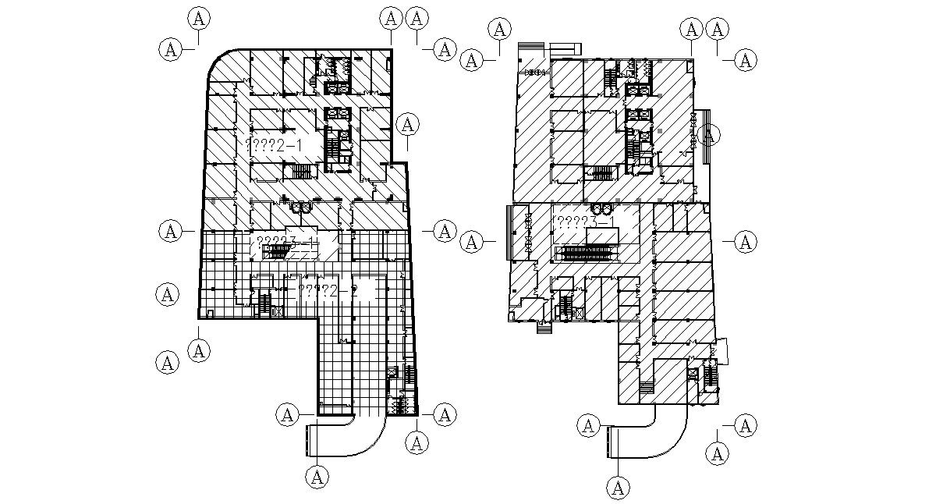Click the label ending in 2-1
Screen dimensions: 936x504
[x=274, y=144]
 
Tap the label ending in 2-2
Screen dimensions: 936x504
[x=328, y=291]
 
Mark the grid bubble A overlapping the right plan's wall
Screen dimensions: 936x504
[x=709, y=135]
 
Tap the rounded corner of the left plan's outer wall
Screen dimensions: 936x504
[x=218, y=62]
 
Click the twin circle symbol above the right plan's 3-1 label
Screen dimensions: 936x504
[x=601, y=209]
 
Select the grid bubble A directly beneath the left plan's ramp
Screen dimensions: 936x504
[x=317, y=477]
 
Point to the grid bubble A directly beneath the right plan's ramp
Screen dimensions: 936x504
[x=619, y=488]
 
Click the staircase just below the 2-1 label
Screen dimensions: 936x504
[x=300, y=171]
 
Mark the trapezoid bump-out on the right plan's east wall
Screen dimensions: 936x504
[x=721, y=350]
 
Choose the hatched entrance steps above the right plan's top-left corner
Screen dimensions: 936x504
[x=532, y=48]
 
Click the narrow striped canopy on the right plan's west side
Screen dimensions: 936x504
[x=511, y=232]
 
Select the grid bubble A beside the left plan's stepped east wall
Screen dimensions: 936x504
[x=407, y=125]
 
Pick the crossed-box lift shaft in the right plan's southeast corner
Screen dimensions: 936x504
[x=690, y=374]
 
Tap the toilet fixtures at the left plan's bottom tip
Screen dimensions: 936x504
[x=399, y=403]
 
